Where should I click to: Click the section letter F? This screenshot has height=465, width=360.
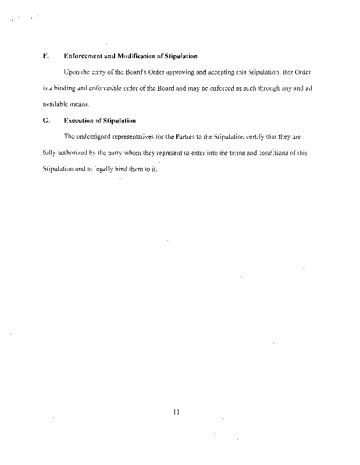45,56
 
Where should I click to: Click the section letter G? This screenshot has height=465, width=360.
45,121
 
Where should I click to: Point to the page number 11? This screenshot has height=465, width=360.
177,413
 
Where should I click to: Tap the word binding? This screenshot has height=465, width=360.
62,88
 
